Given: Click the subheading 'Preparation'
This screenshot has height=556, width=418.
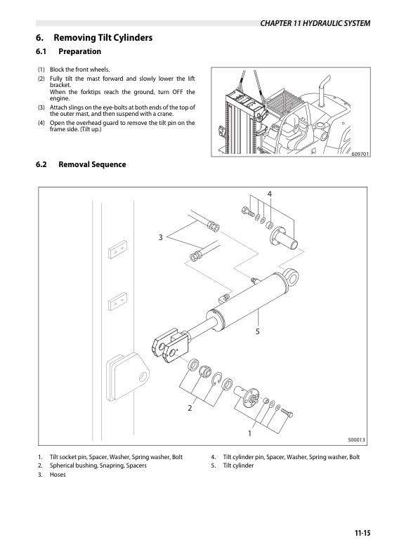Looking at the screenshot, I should pyautogui.click(x=79, y=52).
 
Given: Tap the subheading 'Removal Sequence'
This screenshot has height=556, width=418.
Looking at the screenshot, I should pyautogui.click(x=92, y=164).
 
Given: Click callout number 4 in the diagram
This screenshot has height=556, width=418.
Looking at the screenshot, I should pyautogui.click(x=269, y=193).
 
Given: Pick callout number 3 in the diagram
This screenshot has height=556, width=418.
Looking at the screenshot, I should pyautogui.click(x=160, y=238).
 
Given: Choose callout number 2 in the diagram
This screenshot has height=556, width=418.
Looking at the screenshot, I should pyautogui.click(x=190, y=408).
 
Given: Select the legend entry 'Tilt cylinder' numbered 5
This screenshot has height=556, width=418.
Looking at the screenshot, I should pyautogui.click(x=237, y=466).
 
